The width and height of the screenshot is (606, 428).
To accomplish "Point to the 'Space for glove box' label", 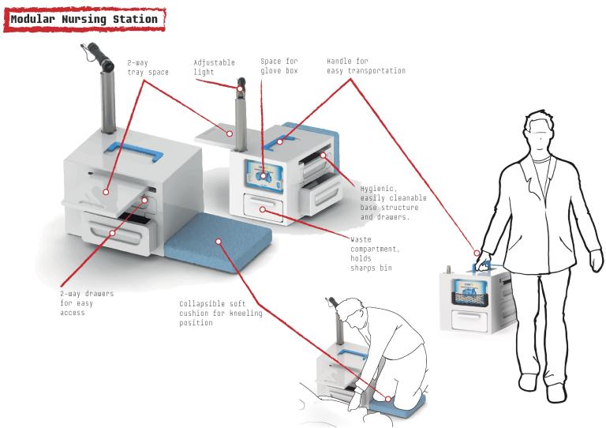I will [280, 67].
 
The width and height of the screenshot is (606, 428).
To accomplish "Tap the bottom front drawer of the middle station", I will [266, 208].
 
